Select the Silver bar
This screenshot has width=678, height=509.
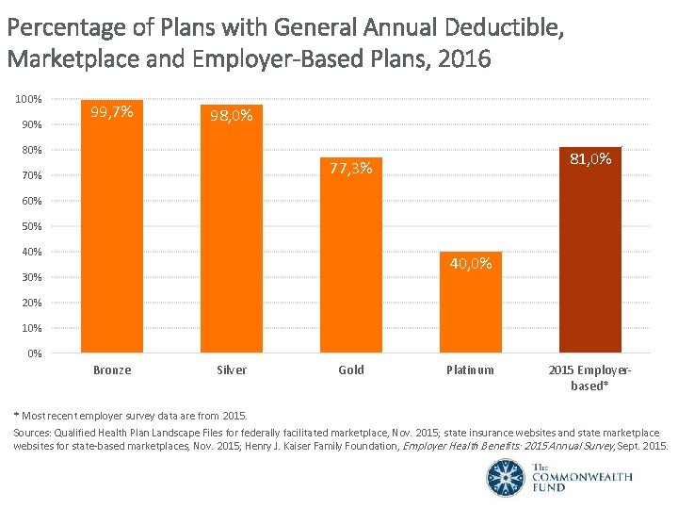coord(232,236)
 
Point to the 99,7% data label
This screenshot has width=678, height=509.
coord(112,113)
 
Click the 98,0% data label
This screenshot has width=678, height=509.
coord(232,117)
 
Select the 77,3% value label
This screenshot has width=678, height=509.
coord(351,170)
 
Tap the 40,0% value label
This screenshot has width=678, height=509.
coord(470,264)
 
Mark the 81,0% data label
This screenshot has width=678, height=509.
coord(589,159)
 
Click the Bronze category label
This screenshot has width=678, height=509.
coord(112,370)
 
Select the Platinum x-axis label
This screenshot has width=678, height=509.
coord(470,370)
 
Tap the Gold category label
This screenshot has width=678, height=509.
coord(351,370)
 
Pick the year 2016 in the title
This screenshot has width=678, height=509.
coord(464,59)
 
